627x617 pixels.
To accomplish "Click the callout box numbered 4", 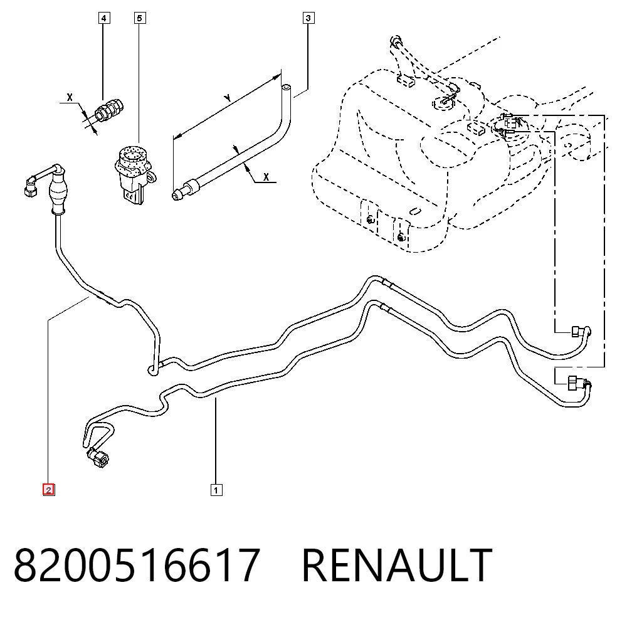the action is (103, 18).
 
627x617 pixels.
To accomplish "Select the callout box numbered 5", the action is (139, 18).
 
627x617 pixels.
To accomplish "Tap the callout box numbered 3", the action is (308, 18).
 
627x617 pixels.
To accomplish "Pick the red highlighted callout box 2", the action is (48, 490).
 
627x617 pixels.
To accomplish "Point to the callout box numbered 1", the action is (216, 490).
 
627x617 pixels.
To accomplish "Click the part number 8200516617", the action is (137, 566).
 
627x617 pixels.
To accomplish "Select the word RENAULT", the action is (397, 566).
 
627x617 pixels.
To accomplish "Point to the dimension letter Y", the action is (228, 98).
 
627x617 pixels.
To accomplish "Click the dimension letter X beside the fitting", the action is (70, 97).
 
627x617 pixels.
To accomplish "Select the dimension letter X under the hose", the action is (266, 177).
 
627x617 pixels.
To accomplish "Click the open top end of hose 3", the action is (287, 87).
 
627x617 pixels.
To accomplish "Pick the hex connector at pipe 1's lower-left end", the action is (98, 457).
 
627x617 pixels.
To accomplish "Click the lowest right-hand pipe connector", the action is (579, 383).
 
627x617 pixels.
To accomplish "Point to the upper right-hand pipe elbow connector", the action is (581, 332).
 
